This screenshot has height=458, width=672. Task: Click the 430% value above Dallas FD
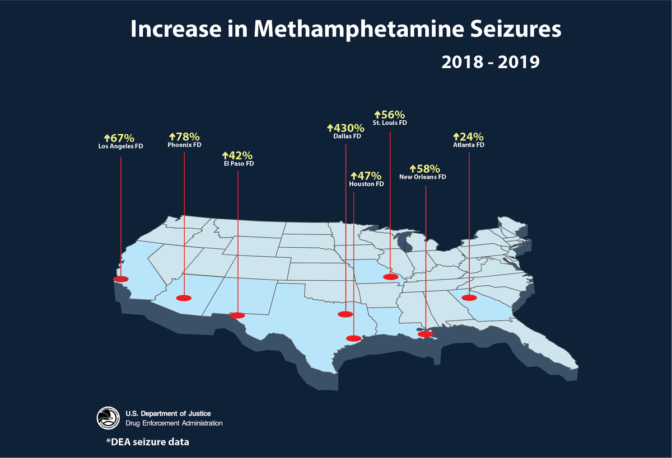click(346, 128)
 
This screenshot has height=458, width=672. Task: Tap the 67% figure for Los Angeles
click(119, 138)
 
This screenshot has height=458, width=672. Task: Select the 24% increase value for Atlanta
click(468, 136)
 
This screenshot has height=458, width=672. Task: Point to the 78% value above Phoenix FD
click(184, 136)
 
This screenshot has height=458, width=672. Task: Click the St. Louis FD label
click(390, 122)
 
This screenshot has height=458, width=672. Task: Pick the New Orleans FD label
click(423, 177)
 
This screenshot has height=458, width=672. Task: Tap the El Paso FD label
click(238, 164)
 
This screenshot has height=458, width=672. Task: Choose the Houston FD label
click(366, 184)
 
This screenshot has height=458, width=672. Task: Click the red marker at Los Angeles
click(120, 279)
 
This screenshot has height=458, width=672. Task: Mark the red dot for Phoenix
click(184, 298)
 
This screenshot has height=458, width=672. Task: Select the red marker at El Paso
click(237, 315)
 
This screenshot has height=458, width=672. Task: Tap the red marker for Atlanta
click(469, 298)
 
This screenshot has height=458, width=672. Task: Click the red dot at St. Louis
click(390, 277)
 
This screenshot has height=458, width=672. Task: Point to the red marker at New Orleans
click(426, 334)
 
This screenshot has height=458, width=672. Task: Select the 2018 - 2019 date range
click(490, 61)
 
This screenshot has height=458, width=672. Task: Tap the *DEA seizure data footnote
click(147, 442)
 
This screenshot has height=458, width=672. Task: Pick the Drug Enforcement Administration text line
click(174, 423)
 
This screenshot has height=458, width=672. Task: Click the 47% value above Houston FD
click(366, 176)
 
